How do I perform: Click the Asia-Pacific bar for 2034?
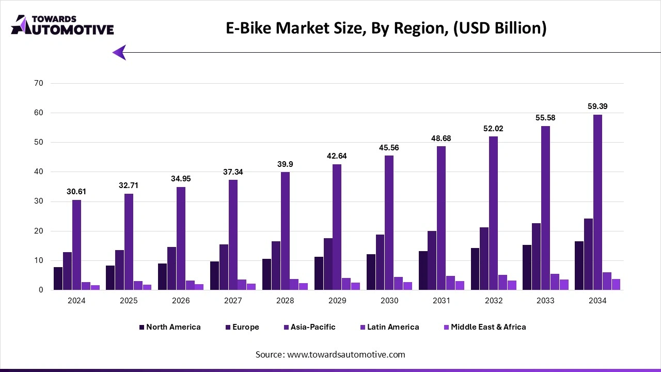[597, 202]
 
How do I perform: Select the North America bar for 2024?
[58, 278]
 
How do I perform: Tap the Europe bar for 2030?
[380, 262]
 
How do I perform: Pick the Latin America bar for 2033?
[555, 282]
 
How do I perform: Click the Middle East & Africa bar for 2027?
[251, 287]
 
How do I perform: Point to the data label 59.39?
[597, 106]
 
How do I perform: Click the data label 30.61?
[76, 192]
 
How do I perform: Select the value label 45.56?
[389, 148]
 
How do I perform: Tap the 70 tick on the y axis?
[39, 83]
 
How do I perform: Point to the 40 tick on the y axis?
[39, 172]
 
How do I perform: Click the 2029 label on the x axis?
[337, 301]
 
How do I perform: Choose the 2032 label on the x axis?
[493, 301]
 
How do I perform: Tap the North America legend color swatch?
[142, 327]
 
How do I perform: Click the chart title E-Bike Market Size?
[386, 28]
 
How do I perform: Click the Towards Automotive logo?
[62, 25]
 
